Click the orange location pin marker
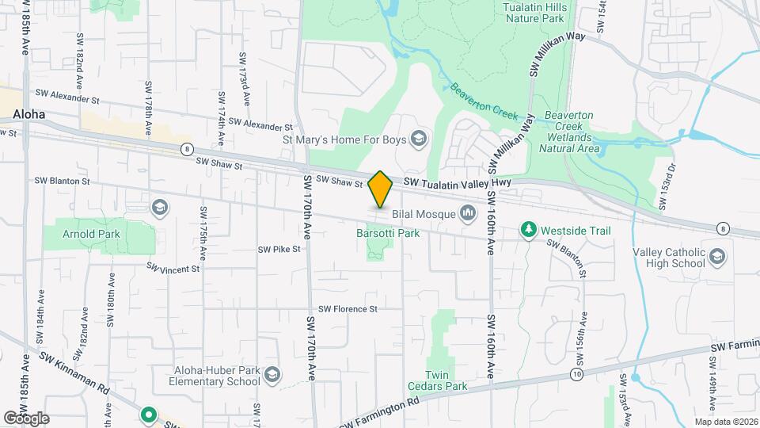(380, 189)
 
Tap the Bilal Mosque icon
(468, 213)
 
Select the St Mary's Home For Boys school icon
(419, 140)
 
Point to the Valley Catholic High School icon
(717, 256)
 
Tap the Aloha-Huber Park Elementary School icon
(272, 374)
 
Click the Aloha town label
(28, 114)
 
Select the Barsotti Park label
(386, 233)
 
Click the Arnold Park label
(93, 234)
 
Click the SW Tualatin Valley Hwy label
(458, 183)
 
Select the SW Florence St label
(348, 309)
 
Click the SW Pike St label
(279, 249)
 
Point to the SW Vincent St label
(173, 269)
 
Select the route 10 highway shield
(576, 373)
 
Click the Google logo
(26, 418)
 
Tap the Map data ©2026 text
(725, 422)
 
